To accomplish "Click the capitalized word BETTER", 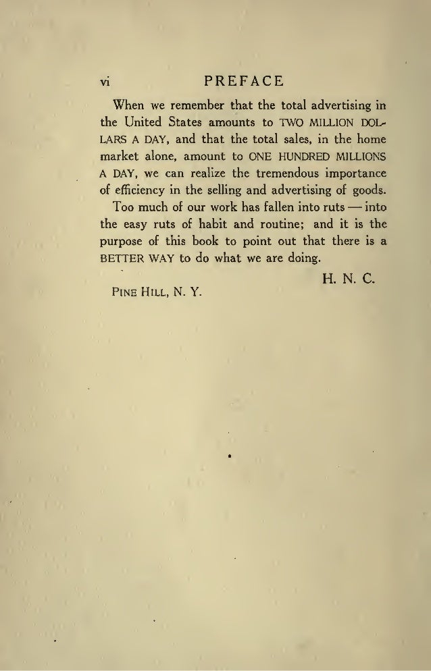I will click(121, 259).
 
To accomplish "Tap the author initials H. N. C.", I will click(350, 277).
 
